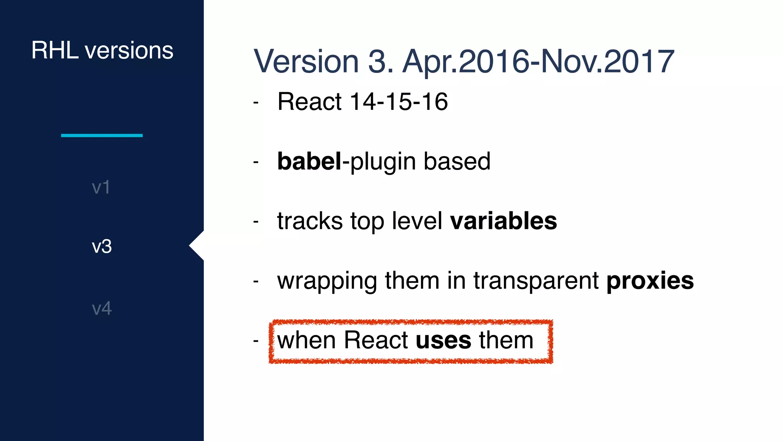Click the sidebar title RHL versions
pos(102,50)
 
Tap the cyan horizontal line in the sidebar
pos(102,135)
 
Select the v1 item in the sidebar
pos(101,187)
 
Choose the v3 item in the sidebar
pos(102,246)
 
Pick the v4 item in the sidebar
pos(102,308)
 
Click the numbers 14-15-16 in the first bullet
pos(398,102)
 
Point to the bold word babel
pos(309,161)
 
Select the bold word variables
pos(504,221)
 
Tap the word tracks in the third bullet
pos(310,221)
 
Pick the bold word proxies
pos(650,281)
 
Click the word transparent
pos(536,281)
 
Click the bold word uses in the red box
pos(443,340)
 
